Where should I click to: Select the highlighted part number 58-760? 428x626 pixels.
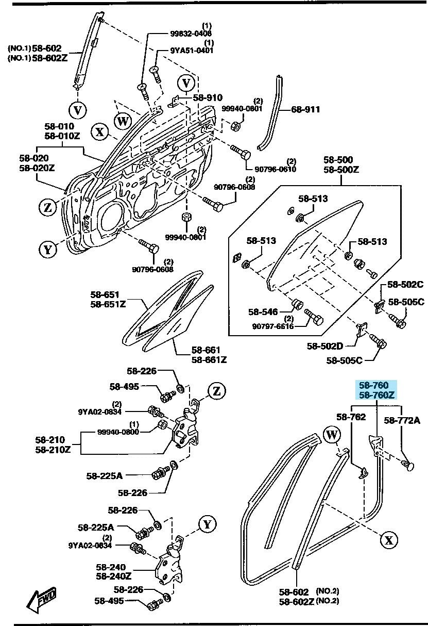pos(374,386)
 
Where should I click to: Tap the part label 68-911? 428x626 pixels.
pos(305,109)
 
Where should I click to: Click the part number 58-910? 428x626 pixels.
pos(208,97)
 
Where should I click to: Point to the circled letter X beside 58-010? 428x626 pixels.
pos(100,133)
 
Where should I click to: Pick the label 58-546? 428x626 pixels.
pos(263,311)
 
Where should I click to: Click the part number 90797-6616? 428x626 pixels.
pos(273,326)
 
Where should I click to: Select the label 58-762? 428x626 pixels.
pos(351,417)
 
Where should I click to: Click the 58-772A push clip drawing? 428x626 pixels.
pos(409,466)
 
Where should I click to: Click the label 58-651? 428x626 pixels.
pos(105,294)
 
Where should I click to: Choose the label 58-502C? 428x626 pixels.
pos(405,284)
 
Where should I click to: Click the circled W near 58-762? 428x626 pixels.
pos(333,436)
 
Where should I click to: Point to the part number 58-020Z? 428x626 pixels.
pos(37,168)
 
